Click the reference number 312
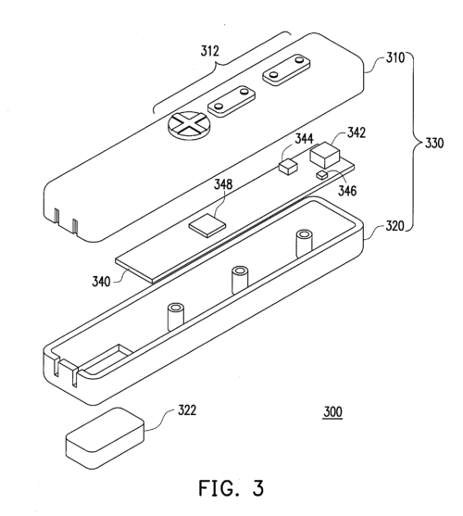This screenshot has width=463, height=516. point(210,51)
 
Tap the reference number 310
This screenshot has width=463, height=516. point(395,57)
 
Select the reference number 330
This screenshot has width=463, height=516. point(434,144)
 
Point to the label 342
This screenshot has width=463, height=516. point(357,132)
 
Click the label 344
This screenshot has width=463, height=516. point(304,139)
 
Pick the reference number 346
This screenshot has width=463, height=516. point(347,190)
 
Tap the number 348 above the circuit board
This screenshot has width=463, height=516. point(223,184)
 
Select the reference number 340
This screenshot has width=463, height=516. point(101,282)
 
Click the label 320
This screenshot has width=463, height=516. point(394,226)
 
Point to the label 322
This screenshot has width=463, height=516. point(187,410)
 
